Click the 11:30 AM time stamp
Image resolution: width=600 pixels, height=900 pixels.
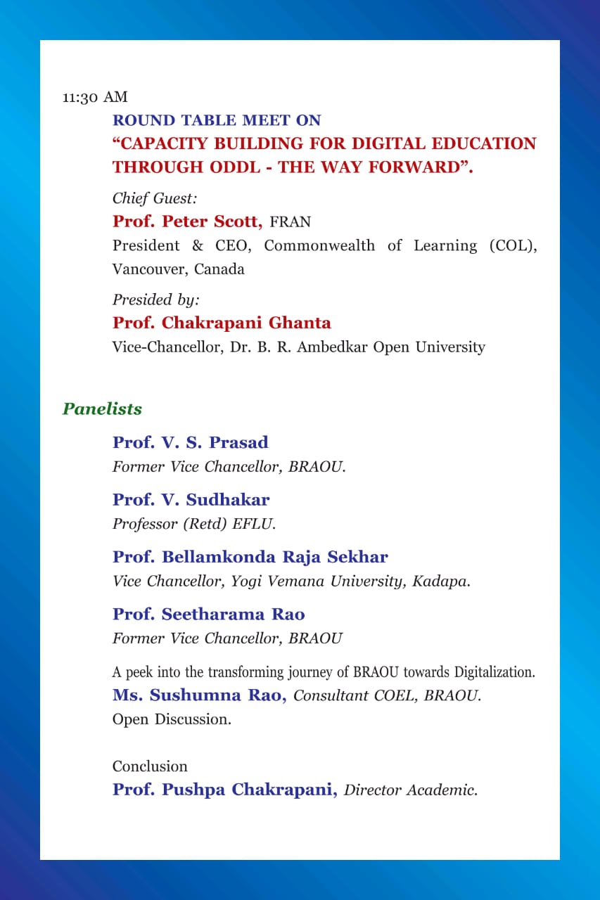coord(95,97)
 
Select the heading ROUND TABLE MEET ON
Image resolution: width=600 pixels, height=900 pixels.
coord(217,120)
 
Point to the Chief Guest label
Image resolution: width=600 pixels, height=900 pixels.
coord(155,198)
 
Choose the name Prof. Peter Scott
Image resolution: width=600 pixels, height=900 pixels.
coord(187,221)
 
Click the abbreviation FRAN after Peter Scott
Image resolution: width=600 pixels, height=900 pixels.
coord(290,222)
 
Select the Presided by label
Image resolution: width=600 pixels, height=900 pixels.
coord(156,300)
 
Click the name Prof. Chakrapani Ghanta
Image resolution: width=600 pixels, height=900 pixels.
coord(222,323)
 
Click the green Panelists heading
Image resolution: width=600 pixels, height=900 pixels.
coord(102,409)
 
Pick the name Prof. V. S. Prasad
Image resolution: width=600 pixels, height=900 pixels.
coord(190,442)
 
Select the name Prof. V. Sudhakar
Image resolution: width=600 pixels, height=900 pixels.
coord(191,500)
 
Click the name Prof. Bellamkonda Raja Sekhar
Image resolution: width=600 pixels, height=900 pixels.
coord(250,557)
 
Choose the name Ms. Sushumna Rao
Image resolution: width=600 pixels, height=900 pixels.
coord(199,695)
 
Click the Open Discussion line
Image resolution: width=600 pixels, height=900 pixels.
coord(172,719)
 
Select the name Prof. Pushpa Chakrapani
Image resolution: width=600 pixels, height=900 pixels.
coord(224,789)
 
